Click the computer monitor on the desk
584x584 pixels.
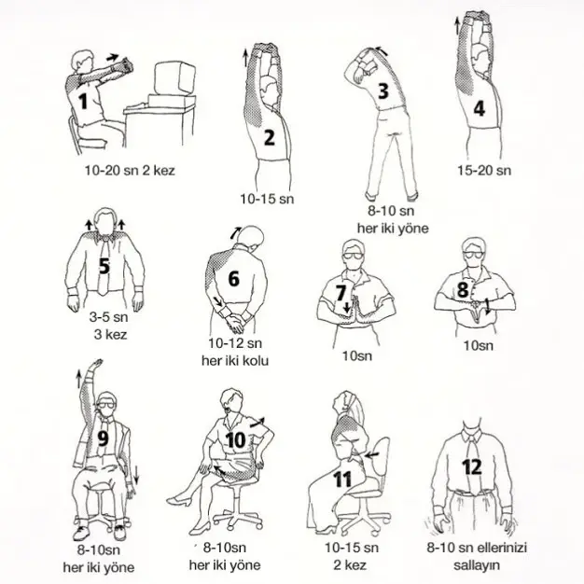(x=172, y=84)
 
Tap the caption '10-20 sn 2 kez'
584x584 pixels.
(x=130, y=171)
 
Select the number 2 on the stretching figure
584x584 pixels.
(x=269, y=139)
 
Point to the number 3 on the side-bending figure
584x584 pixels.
(x=382, y=90)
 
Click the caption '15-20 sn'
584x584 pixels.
(x=484, y=171)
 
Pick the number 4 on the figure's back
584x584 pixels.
(x=479, y=108)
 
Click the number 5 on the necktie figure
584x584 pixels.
(x=104, y=267)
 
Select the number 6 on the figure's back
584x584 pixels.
(x=233, y=278)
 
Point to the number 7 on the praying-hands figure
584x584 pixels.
(x=341, y=293)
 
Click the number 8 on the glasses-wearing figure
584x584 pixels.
(x=462, y=289)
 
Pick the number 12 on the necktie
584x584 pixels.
(x=472, y=466)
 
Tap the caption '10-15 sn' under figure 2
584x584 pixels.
(x=267, y=199)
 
